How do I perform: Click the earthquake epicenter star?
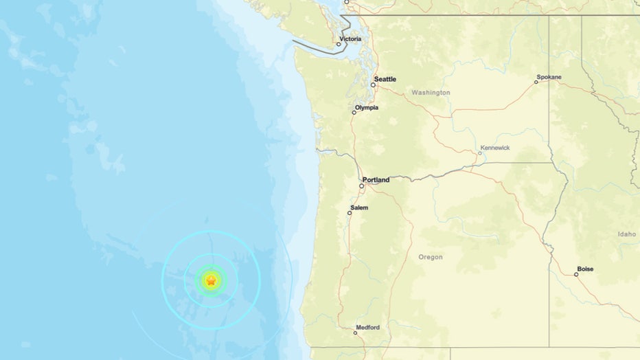(212, 280)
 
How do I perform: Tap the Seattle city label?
(386, 79)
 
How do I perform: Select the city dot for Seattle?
(374, 85)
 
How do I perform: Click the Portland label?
(376, 180)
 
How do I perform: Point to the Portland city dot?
(362, 186)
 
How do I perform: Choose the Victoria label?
(350, 39)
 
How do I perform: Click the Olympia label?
(367, 107)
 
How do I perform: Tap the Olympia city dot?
(354, 112)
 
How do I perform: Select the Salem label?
(359, 207)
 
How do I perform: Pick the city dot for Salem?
(350, 213)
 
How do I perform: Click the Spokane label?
(550, 77)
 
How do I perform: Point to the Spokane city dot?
(536, 82)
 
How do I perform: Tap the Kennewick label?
(495, 148)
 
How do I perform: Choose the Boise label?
(586, 269)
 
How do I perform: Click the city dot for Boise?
(576, 274)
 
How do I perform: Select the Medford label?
(368, 328)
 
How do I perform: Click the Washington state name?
(431, 92)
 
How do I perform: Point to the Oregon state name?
(431, 257)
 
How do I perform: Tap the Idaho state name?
(626, 234)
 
